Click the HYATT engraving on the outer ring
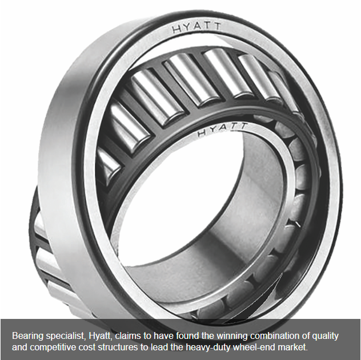(x=196, y=27)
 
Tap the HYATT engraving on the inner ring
(x=222, y=130)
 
